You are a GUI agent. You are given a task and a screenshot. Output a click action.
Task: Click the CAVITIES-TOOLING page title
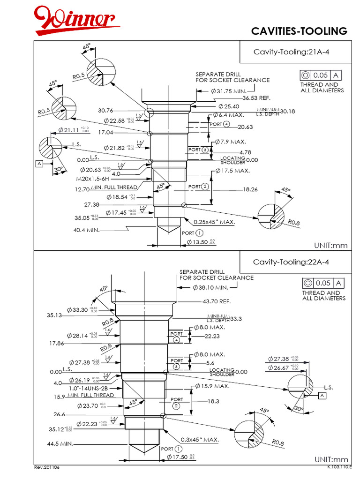click(299, 31)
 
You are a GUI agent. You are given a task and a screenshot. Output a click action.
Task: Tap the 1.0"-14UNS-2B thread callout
click(89, 389)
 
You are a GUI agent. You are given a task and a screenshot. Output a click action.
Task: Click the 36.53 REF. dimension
click(256, 98)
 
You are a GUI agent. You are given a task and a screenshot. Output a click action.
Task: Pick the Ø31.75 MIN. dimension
click(229, 91)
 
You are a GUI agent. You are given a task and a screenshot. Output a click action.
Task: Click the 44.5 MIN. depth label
click(60, 443)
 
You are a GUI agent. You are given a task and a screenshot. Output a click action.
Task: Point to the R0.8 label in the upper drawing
click(294, 223)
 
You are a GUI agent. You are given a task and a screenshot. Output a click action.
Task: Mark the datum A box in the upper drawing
click(40, 163)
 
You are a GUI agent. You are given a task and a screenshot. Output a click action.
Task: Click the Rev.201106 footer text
click(47, 468)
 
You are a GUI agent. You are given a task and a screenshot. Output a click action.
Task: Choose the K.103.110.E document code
click(339, 467)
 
